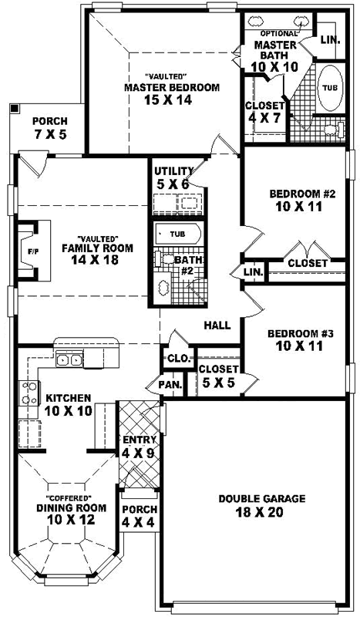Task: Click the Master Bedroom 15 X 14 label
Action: (172, 93)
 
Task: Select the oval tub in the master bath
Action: (329, 89)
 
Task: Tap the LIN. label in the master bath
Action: (330, 39)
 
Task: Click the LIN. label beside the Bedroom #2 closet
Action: (253, 273)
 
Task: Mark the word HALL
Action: (217, 325)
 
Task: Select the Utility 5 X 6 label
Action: (171, 177)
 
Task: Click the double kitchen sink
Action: (72, 359)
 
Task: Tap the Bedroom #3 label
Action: (301, 340)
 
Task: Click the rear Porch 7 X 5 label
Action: (49, 128)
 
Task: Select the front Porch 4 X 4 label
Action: (140, 516)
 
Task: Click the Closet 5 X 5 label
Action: (218, 376)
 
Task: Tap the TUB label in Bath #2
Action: (177, 233)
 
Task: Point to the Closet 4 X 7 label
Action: (264, 113)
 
